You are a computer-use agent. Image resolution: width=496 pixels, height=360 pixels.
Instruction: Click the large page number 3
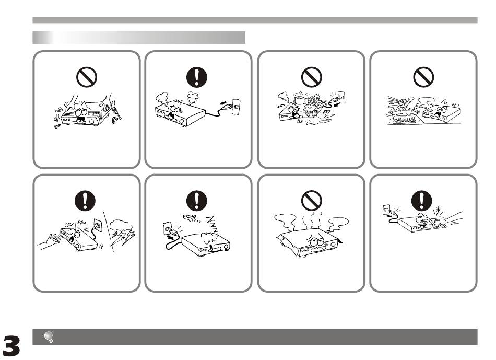click(11, 345)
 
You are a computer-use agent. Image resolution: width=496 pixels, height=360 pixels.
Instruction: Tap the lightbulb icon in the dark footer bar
click(49, 337)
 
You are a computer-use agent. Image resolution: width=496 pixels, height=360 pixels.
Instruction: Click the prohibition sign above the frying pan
click(423, 77)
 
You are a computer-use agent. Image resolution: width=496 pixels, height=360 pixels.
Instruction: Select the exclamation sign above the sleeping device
click(197, 201)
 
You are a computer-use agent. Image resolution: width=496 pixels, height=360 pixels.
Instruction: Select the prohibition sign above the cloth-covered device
click(312, 201)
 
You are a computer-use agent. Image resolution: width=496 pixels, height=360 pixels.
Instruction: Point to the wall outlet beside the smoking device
click(236, 107)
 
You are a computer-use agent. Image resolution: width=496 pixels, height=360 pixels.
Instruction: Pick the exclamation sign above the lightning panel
click(85, 201)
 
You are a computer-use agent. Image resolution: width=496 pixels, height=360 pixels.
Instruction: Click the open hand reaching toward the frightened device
click(50, 241)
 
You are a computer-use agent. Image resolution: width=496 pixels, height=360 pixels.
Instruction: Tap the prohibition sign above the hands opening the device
click(86, 77)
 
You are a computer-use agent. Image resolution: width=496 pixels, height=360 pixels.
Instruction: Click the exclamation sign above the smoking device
click(197, 77)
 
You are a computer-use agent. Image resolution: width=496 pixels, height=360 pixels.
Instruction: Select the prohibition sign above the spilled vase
click(312, 77)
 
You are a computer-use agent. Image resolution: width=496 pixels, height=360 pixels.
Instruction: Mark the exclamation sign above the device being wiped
click(422, 201)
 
